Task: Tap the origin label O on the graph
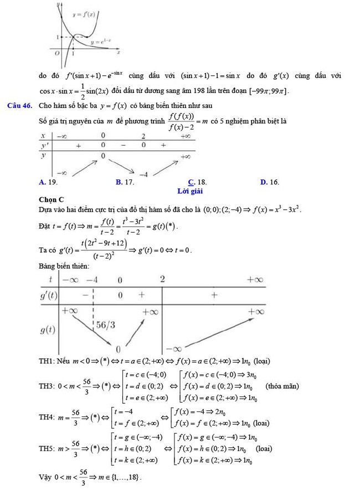pyautogui.click(x=57, y=54)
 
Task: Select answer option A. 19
pyautogui.click(x=49, y=182)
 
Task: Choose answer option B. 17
pyautogui.click(x=125, y=182)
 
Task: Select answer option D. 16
pyautogui.click(x=270, y=182)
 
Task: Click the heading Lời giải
pyautogui.click(x=191, y=191)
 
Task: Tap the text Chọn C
pyautogui.click(x=52, y=199)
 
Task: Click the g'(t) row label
pyautogui.click(x=49, y=296)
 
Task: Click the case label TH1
pyautogui.click(x=48, y=362)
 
